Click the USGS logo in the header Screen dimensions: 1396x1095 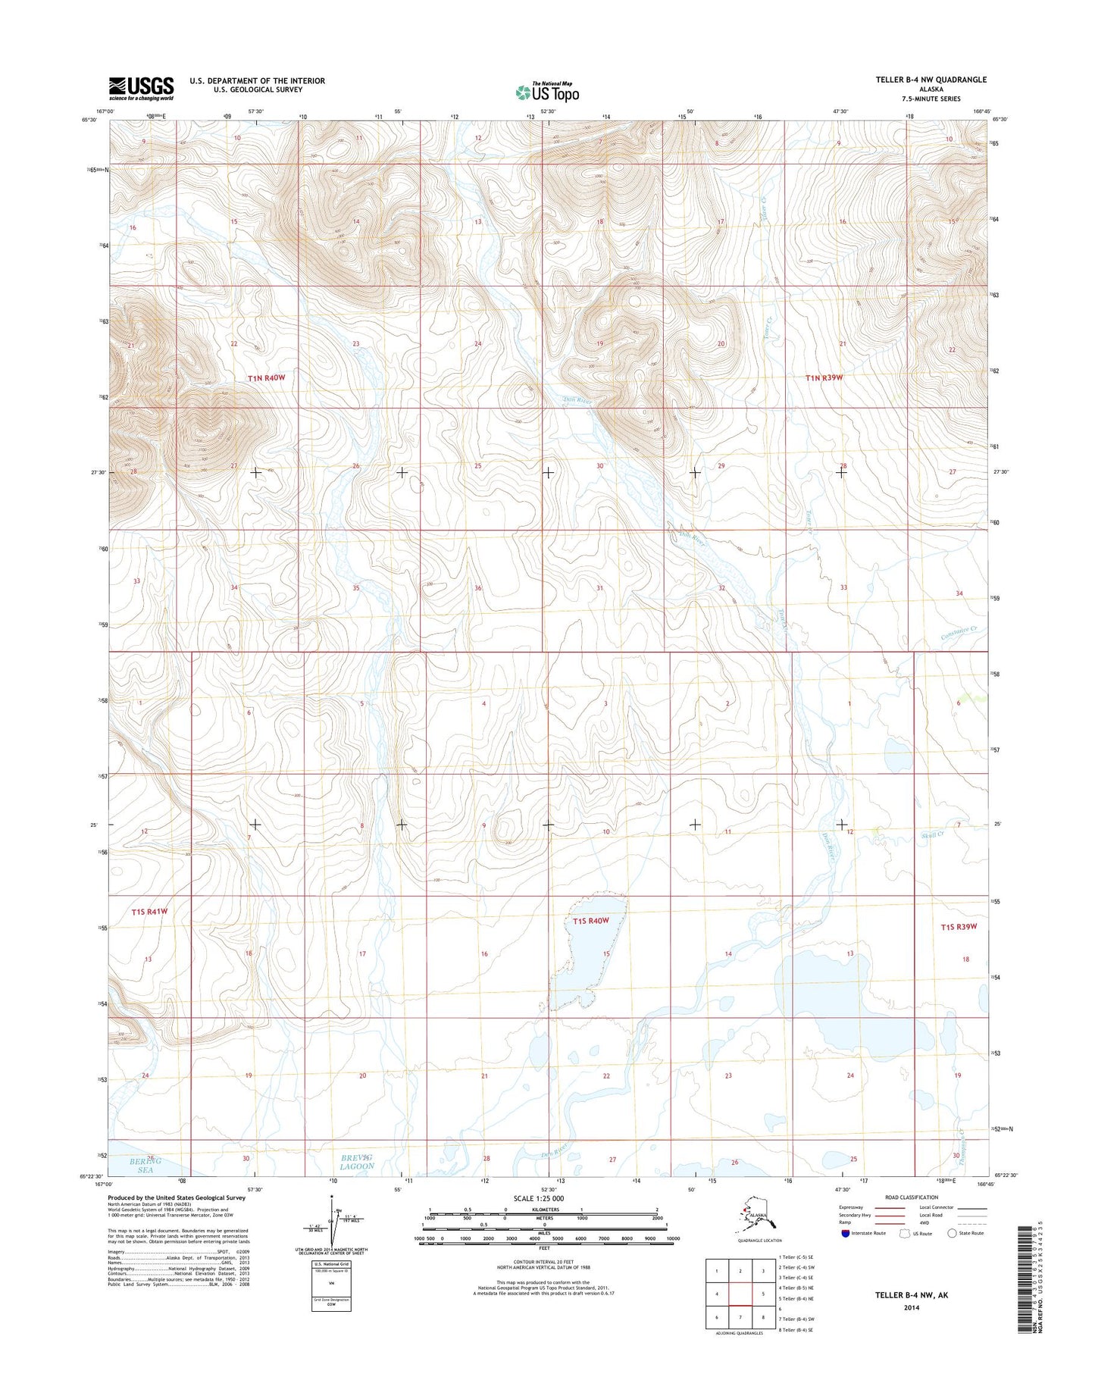point(141,88)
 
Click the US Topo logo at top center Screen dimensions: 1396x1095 point(547,92)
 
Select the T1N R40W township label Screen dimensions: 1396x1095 point(266,377)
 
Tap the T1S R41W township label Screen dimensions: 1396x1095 point(149,912)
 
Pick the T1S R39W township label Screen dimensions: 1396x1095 point(959,927)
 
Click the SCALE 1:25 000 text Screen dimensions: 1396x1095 point(539,1198)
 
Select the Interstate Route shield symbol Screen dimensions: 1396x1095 point(845,1233)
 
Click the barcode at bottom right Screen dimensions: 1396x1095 point(1027,1279)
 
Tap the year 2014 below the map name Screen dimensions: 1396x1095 point(911,1307)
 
